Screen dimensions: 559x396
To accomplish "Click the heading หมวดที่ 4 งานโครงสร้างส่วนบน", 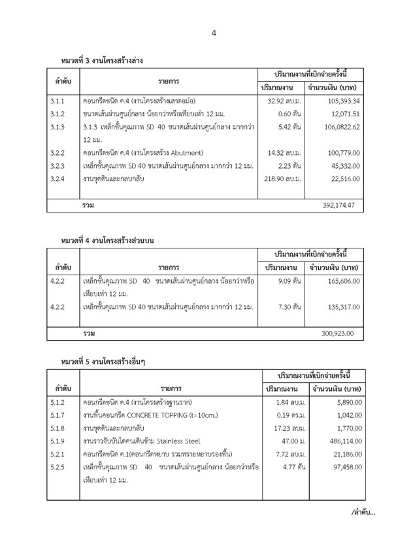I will click(108, 240).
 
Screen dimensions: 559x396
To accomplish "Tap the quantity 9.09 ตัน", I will click(288, 280).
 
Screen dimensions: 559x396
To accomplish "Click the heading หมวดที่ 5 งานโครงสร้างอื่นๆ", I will click(103, 361).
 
